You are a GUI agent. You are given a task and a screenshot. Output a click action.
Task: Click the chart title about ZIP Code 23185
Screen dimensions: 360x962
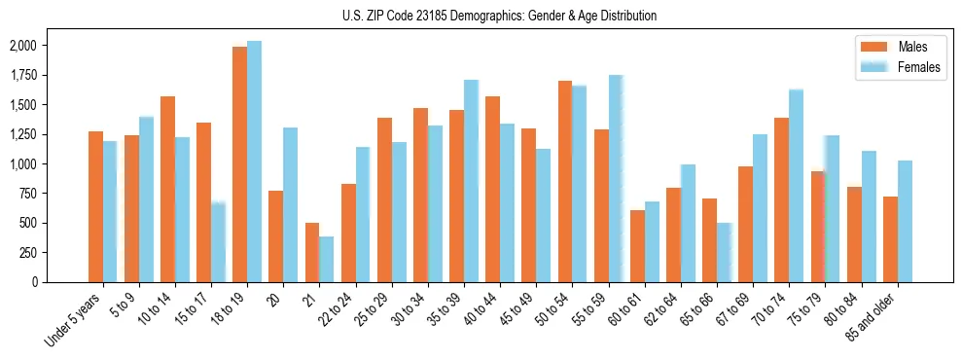(500, 16)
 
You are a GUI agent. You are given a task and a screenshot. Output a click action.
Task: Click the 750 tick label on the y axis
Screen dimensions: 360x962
(27, 194)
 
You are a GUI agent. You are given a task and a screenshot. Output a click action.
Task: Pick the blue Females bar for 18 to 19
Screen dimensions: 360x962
(254, 162)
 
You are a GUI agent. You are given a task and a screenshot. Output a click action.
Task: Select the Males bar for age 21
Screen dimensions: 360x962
(312, 253)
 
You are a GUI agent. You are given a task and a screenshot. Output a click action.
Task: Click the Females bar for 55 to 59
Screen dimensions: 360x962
(615, 178)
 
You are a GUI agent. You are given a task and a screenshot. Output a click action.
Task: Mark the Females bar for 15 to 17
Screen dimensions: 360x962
(218, 241)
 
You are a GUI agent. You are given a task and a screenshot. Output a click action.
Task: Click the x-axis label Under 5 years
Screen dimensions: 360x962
(74, 322)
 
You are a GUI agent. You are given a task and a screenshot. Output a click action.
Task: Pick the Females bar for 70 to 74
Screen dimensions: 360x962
(796, 186)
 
